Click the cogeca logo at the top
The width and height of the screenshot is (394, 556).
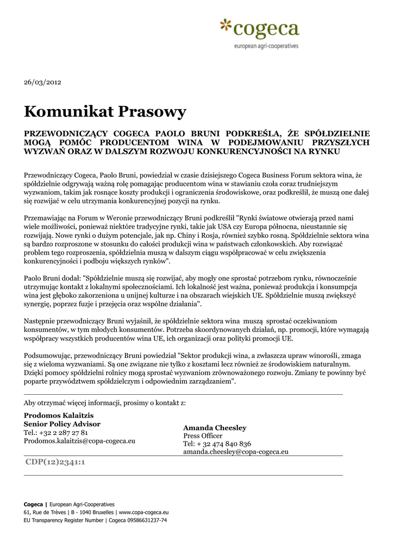(x=260, y=28)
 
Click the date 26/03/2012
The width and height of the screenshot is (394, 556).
(x=42, y=82)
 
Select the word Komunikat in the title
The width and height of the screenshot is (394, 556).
(x=69, y=112)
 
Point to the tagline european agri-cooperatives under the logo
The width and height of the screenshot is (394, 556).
(x=266, y=46)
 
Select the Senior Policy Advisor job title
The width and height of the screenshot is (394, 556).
(x=62, y=424)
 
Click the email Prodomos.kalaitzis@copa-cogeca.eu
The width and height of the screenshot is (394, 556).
(x=79, y=441)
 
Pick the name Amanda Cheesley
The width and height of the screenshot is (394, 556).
(x=215, y=428)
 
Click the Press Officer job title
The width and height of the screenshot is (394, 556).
(x=203, y=436)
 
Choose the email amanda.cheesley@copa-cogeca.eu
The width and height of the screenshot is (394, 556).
(x=236, y=452)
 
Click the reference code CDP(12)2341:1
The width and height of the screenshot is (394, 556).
(x=55, y=463)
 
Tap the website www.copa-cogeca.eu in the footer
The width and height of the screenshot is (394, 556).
(x=144, y=512)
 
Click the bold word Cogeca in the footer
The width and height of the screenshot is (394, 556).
(x=33, y=504)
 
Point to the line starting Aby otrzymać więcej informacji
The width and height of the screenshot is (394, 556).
(x=105, y=403)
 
